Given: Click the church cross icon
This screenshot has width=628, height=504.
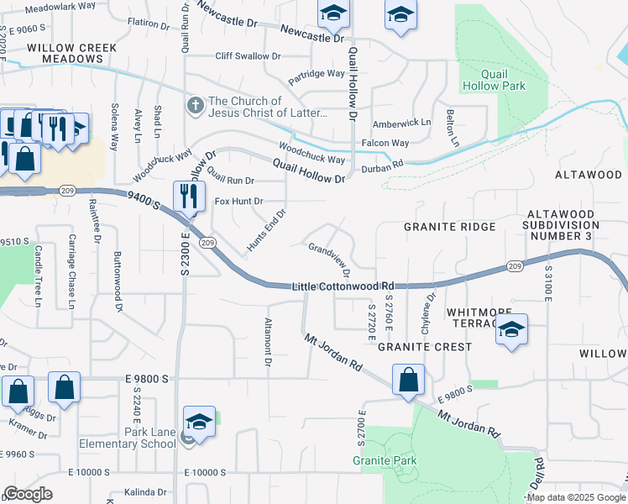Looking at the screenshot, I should pyautogui.click(x=195, y=107).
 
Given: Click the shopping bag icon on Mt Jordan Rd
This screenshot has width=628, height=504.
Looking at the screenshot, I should pyautogui.click(x=408, y=378).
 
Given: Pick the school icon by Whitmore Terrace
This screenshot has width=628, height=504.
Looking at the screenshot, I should pyautogui.click(x=511, y=329).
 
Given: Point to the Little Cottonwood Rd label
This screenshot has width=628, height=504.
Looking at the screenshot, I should pyautogui.click(x=343, y=286).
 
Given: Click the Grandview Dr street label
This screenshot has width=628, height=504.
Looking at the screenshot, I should pyautogui.click(x=328, y=260).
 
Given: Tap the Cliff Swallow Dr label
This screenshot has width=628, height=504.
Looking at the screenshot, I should pyautogui.click(x=248, y=56).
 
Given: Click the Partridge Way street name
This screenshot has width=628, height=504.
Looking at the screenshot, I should pyautogui.click(x=317, y=74).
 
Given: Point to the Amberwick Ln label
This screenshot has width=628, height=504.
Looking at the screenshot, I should pyautogui.click(x=401, y=123).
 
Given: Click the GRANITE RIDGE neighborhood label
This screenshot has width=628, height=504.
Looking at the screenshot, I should pyautogui.click(x=449, y=227).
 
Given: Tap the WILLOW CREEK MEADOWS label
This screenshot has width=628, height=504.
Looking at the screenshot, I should pyautogui.click(x=71, y=54).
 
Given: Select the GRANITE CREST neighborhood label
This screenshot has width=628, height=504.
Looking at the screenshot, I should pyautogui.click(x=424, y=346).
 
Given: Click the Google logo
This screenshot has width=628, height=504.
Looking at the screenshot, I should pyautogui.click(x=29, y=494).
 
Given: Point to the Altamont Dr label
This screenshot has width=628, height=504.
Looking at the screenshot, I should pyautogui.click(x=269, y=343).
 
